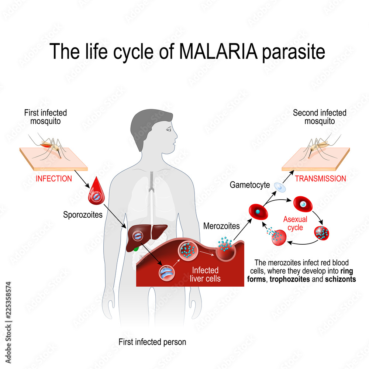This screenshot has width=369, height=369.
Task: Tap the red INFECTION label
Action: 54,179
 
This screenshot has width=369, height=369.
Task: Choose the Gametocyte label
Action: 250,184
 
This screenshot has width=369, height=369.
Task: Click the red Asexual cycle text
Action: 295,224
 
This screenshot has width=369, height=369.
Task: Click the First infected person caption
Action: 152,342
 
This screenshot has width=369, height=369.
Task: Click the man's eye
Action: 169,130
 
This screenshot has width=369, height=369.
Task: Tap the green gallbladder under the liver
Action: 136,249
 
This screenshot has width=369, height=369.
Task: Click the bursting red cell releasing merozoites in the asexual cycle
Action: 279,237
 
